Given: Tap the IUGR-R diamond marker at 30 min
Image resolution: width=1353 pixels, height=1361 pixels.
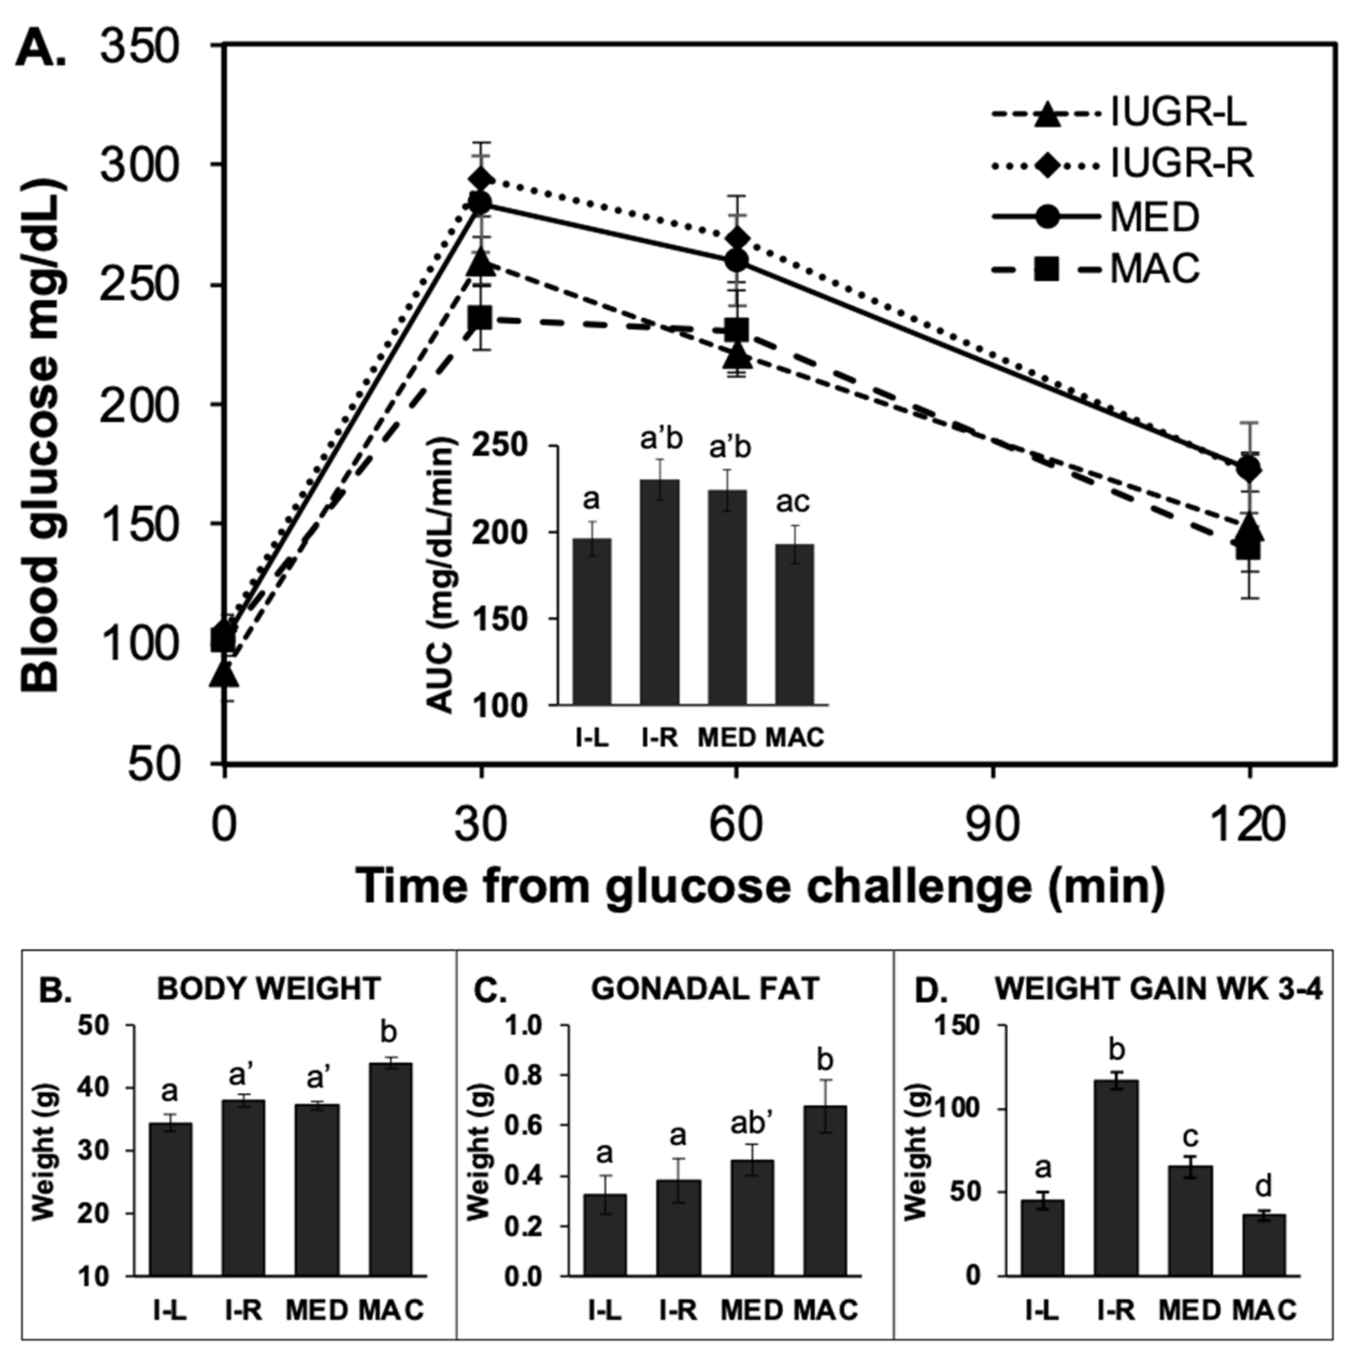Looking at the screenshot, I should tap(481, 180).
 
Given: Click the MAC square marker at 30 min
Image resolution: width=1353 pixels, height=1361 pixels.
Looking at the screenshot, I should tap(481, 318).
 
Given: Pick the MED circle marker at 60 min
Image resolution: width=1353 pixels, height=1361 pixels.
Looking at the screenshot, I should tap(736, 261).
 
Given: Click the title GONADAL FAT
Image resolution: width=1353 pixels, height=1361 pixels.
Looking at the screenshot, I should tap(704, 989).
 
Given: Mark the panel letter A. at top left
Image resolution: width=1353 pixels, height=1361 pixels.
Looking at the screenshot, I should tap(44, 51).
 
